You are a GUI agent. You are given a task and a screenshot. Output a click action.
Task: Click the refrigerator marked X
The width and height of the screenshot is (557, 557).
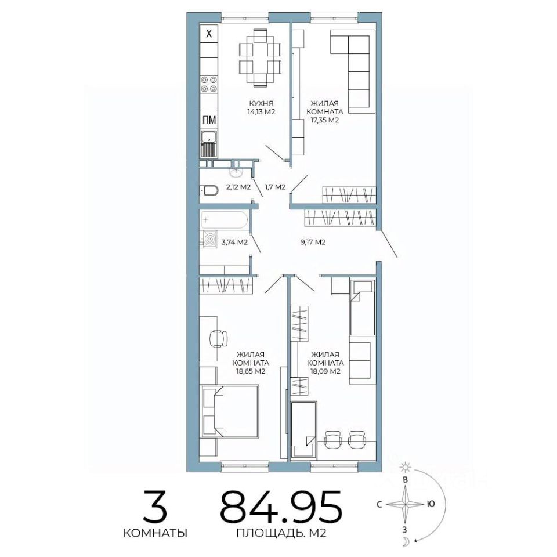click(208, 34)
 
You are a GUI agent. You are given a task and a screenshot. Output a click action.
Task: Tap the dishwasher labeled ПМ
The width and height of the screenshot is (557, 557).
click(208, 120)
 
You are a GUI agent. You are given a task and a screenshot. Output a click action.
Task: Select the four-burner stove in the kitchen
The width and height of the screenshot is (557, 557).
click(208, 84)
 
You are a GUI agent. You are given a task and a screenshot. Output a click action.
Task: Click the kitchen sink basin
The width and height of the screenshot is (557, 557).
click(208, 137)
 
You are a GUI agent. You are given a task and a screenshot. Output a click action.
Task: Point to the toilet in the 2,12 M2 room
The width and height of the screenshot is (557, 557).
click(209, 190)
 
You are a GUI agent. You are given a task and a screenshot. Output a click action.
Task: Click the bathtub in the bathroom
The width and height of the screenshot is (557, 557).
click(224, 220)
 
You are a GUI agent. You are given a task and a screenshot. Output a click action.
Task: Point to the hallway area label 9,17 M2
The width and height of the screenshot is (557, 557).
click(313, 243)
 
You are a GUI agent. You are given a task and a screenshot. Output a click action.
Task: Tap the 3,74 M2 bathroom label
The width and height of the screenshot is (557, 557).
click(234, 243)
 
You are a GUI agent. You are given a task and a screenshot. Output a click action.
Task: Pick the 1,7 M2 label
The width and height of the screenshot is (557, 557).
click(275, 187)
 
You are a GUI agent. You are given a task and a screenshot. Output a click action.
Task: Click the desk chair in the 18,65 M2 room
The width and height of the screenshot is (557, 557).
click(218, 338)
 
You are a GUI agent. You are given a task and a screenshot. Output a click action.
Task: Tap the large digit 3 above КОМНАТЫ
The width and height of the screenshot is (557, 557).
click(155, 505)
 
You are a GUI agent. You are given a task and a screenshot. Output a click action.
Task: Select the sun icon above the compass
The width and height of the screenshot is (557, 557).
click(404, 467)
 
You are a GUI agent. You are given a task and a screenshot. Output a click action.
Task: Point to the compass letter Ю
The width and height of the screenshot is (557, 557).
click(431, 504)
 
